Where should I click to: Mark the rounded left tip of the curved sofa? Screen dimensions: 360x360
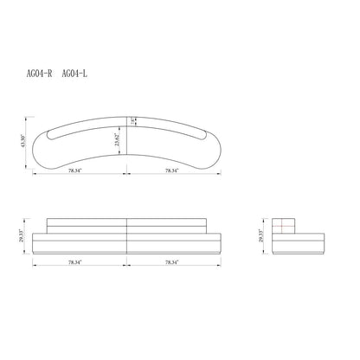pos(38,152)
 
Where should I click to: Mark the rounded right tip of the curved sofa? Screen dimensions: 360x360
pos(218,152)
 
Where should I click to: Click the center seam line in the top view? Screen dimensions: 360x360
pos(128,138)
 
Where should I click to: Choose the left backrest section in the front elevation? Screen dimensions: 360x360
pos(87,223)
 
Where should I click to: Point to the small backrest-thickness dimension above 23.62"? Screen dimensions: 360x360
pos(133,122)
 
